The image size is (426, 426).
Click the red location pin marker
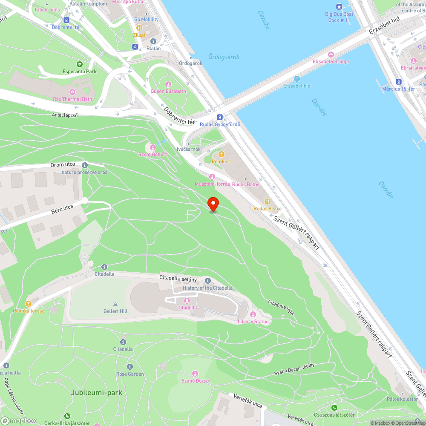[x=213, y=204]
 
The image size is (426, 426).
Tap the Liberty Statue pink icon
[x=253, y=314]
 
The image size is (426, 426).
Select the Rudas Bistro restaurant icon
[x=267, y=201]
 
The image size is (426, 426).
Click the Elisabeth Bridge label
[x=331, y=62]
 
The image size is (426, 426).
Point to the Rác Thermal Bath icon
[x=72, y=92]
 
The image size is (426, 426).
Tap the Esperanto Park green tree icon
[x=79, y=64]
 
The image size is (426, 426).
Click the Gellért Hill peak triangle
[x=115, y=304]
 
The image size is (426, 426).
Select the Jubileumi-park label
[x=97, y=392]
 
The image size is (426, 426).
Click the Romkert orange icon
[x=221, y=154]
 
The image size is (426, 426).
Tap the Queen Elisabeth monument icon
[x=168, y=84]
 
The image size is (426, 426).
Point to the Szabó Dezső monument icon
[x=195, y=374]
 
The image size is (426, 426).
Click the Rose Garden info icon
[x=130, y=367]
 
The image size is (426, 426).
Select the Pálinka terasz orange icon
[x=29, y=304]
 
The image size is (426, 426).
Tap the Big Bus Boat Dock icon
[x=339, y=7]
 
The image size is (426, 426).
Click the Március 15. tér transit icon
[x=398, y=82]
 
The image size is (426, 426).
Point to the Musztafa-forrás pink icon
[x=212, y=177]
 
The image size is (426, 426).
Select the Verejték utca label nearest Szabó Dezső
[x=248, y=400]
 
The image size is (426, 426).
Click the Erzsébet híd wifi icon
[x=297, y=79]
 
